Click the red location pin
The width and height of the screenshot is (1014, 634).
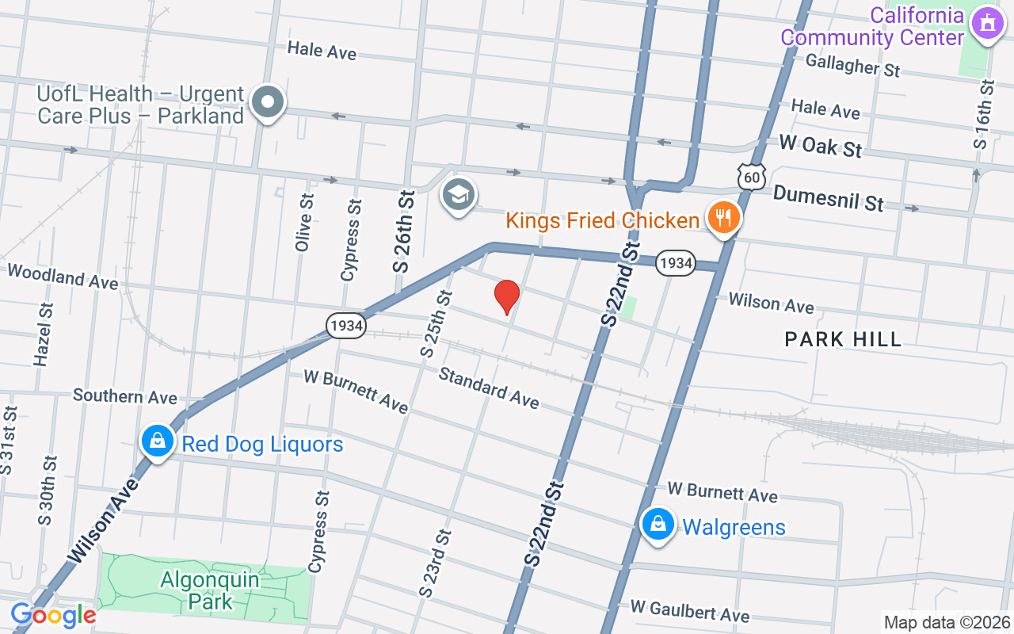click(x=507, y=296)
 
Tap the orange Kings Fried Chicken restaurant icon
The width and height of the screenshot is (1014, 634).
click(x=722, y=216)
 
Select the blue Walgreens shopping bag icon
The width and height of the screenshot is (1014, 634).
click(x=658, y=524)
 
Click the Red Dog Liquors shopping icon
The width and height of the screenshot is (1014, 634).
click(x=158, y=441)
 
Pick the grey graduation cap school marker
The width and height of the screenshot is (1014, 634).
click(x=459, y=193)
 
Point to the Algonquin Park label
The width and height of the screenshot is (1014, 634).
click(x=210, y=590)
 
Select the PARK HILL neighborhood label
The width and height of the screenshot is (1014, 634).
click(x=843, y=340)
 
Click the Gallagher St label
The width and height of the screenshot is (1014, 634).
click(x=852, y=64)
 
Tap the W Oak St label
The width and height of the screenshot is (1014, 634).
click(x=820, y=146)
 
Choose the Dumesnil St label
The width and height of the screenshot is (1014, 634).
click(x=828, y=198)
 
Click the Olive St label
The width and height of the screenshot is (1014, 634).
click(x=303, y=223)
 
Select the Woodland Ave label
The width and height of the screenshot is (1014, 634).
click(x=63, y=277)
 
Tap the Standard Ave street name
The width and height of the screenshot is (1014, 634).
click(x=489, y=388)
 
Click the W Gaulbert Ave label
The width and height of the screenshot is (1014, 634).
click(x=689, y=611)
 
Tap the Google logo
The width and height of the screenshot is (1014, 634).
click(x=53, y=615)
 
